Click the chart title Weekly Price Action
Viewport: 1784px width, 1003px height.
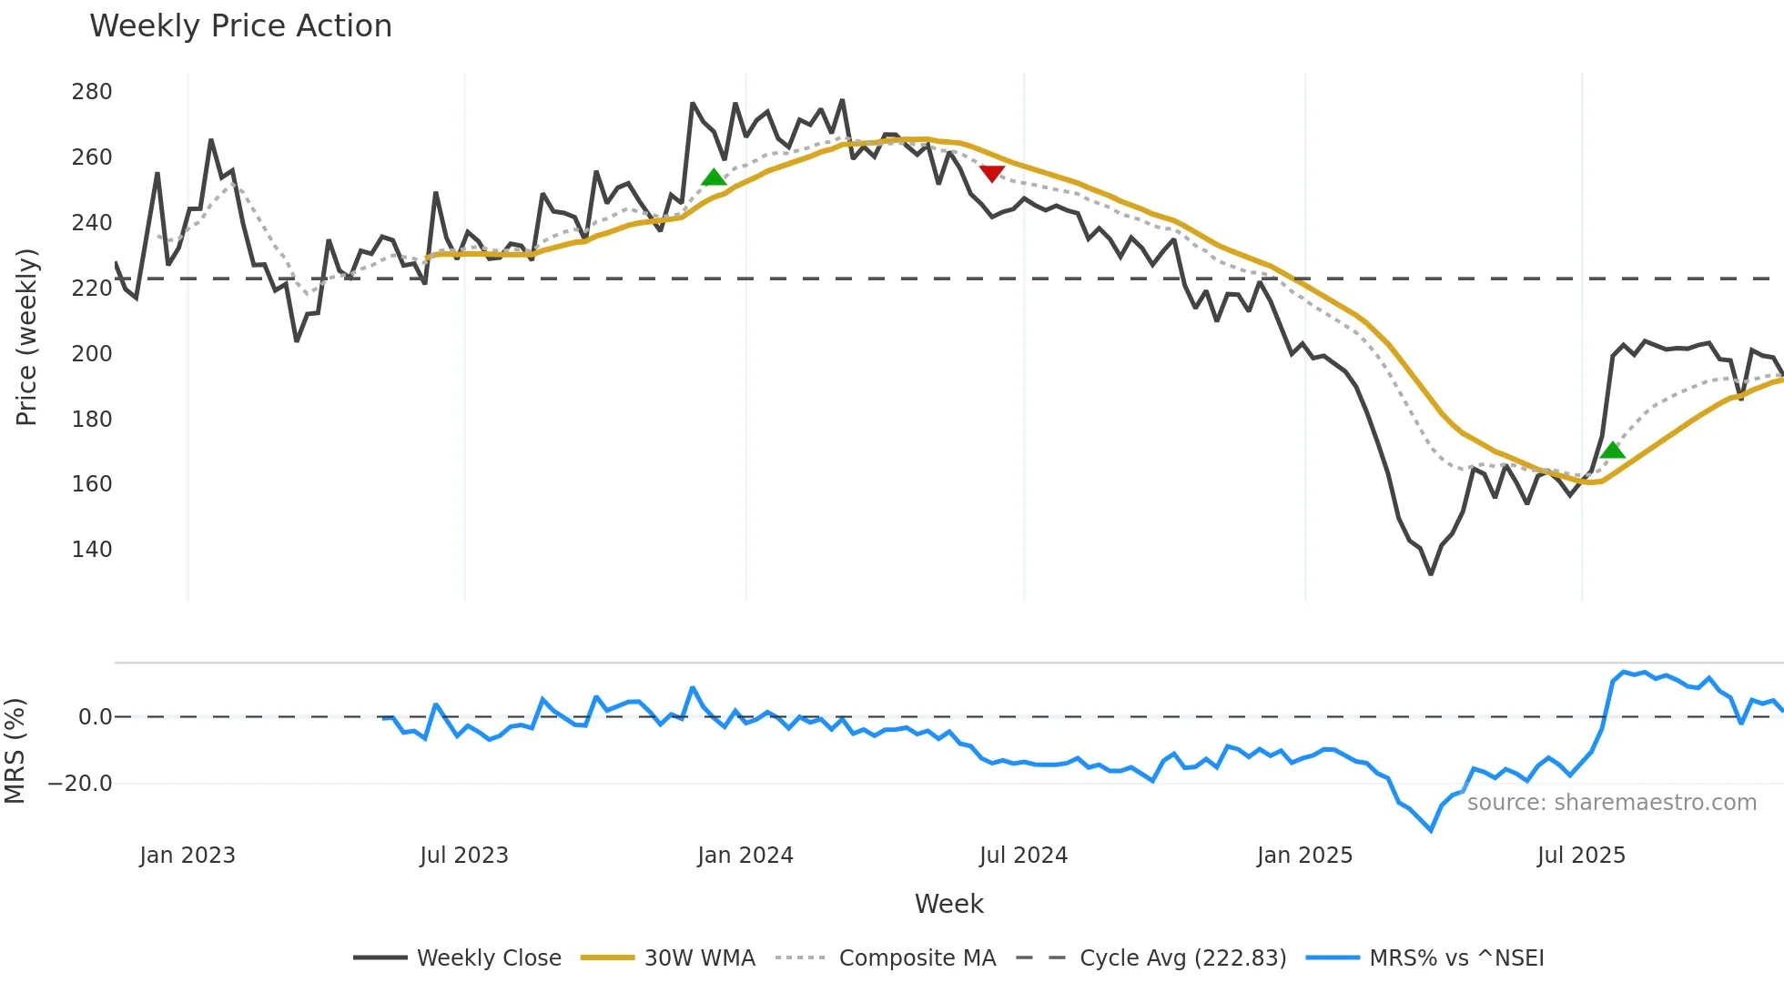pos(240,26)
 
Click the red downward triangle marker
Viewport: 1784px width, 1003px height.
pos(992,173)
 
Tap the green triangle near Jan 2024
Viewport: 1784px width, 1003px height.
pos(715,177)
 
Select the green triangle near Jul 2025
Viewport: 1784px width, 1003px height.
pos(1612,451)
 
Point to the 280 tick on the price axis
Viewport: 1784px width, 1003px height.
pos(92,92)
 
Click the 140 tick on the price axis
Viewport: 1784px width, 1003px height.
pos(92,550)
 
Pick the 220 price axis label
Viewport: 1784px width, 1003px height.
pos(92,289)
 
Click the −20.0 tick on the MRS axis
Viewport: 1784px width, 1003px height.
pos(80,784)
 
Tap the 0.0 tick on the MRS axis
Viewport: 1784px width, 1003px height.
pos(95,717)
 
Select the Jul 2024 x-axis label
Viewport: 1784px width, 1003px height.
pos(1023,856)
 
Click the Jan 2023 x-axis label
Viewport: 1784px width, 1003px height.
pos(188,856)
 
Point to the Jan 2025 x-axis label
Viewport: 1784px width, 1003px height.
pos(1304,856)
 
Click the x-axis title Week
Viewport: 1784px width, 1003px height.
pos(948,904)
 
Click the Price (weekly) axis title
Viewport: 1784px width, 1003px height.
pos(26,337)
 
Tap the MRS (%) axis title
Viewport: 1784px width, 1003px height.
pos(15,751)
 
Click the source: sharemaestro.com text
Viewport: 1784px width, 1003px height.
pos(1611,803)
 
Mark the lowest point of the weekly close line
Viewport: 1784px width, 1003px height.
pos(1431,573)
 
